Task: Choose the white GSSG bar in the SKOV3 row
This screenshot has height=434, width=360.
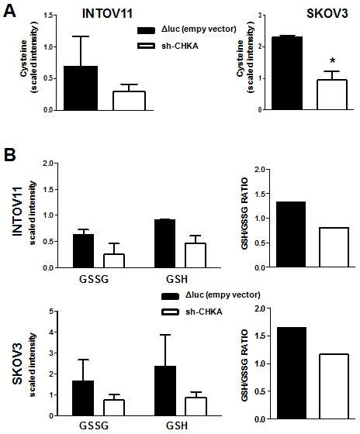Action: tap(115, 408)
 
